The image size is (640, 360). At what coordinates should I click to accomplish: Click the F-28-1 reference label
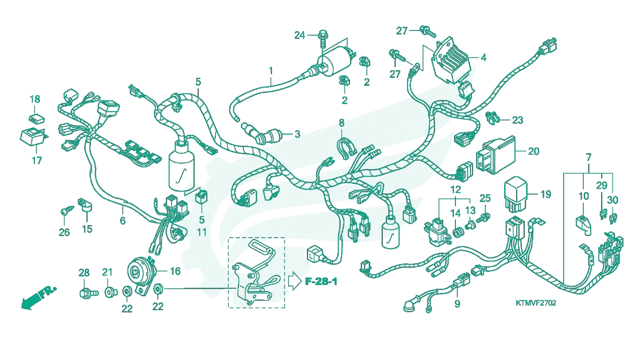[x=321, y=282]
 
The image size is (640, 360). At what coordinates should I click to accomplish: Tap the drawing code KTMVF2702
[x=536, y=303]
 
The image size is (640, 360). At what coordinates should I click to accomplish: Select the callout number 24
[x=300, y=35]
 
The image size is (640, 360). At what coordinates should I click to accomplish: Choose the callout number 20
[x=534, y=151]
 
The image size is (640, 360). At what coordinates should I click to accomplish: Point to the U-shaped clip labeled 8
[x=347, y=148]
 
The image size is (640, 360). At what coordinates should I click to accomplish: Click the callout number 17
[x=37, y=160]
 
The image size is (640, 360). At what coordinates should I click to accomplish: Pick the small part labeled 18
[x=37, y=119]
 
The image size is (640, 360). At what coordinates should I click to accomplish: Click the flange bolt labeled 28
[x=89, y=293]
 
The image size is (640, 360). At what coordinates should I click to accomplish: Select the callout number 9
[x=457, y=304]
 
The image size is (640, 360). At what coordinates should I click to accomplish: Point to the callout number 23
[x=517, y=120]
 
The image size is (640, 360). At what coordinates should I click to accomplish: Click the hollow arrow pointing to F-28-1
[x=295, y=281]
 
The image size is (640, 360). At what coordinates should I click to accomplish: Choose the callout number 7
[x=588, y=157]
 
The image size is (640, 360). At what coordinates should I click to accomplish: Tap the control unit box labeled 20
[x=496, y=155]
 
